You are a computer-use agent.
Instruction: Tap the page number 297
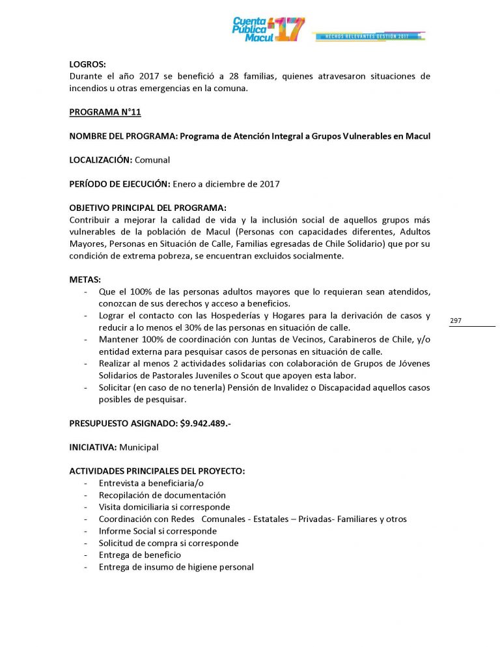click(456, 321)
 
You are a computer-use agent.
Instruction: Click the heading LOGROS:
click(87, 64)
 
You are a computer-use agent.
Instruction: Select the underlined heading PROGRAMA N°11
click(105, 112)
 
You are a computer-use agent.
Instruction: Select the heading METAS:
click(85, 279)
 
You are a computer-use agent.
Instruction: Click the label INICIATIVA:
click(93, 447)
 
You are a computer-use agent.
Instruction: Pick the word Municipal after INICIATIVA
click(139, 447)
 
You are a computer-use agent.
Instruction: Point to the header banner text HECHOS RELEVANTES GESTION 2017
click(368, 36)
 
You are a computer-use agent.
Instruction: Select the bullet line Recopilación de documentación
click(162, 495)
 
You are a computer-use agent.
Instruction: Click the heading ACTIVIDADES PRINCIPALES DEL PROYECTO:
click(157, 471)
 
